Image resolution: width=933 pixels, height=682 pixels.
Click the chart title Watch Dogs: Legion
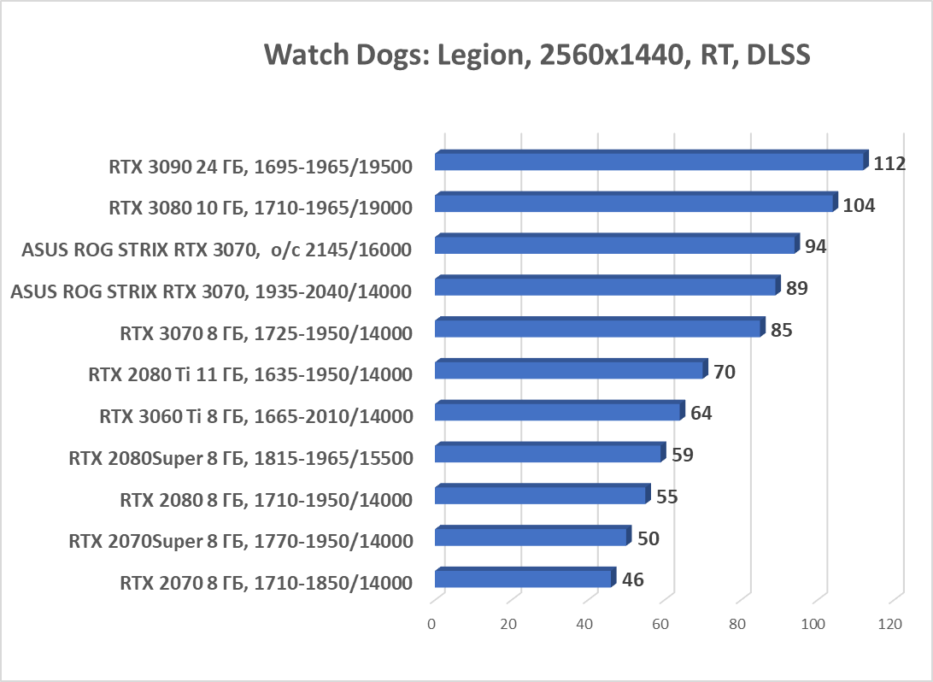(x=537, y=55)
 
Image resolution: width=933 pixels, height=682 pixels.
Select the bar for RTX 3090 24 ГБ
(x=649, y=161)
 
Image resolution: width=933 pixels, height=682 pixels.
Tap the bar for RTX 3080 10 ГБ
(x=634, y=203)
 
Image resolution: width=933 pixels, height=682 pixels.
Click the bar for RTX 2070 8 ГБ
(x=523, y=579)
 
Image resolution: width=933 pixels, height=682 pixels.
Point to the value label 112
(x=889, y=163)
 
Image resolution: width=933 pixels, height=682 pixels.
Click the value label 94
(x=816, y=246)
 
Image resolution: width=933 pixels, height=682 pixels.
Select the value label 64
(x=701, y=414)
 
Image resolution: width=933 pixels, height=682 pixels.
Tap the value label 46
(x=632, y=580)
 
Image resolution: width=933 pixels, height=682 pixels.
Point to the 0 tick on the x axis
(x=432, y=625)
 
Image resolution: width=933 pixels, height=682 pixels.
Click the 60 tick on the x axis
(x=660, y=625)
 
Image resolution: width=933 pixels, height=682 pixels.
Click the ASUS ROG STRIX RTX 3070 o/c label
(x=217, y=250)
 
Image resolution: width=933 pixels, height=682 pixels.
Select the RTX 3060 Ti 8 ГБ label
(x=256, y=417)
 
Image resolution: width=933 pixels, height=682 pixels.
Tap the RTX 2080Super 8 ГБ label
(x=241, y=459)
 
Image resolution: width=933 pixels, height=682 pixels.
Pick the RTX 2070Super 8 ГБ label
(x=241, y=541)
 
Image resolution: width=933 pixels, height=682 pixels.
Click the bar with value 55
(x=540, y=496)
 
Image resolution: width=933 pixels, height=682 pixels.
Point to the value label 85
(x=781, y=330)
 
